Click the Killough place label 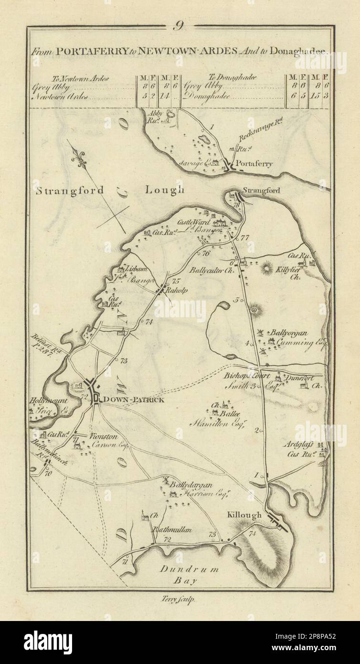pyautogui.click(x=244, y=515)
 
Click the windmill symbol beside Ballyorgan pyautogui.click(x=261, y=332)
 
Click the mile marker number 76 pyautogui.click(x=206, y=254)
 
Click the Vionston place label pyautogui.click(x=102, y=436)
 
